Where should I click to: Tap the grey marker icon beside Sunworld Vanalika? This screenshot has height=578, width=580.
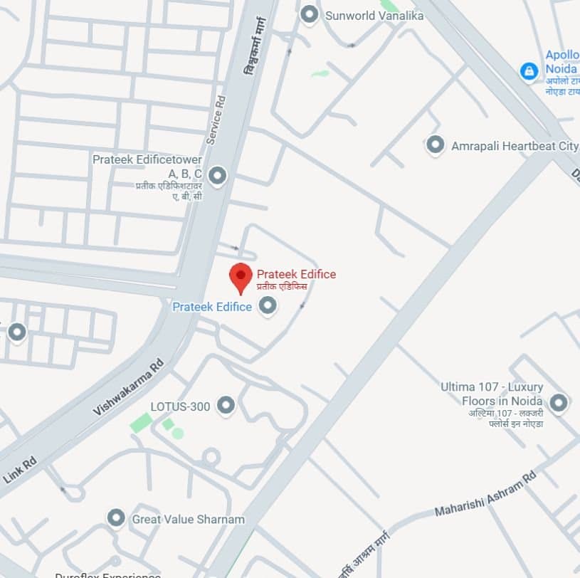(309, 14)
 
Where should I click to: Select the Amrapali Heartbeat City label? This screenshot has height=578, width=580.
(515, 146)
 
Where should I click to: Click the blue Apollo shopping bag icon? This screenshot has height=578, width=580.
(529, 70)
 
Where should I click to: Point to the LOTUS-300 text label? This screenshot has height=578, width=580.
(180, 406)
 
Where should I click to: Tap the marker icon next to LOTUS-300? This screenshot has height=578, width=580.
(226, 405)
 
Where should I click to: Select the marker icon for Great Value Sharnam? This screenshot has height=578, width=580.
(116, 517)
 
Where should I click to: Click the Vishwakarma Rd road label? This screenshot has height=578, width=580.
(129, 387)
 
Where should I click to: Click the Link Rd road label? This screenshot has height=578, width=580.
(19, 471)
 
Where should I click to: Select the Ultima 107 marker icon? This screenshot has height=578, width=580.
(559, 403)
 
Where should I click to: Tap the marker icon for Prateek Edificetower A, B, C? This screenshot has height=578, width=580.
(217, 174)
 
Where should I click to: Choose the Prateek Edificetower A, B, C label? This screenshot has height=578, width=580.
(148, 167)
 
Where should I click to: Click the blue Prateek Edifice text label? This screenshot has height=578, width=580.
(212, 307)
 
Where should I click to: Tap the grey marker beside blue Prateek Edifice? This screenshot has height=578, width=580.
(268, 306)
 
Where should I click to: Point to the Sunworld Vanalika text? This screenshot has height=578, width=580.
(374, 15)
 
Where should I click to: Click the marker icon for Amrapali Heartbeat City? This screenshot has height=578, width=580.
(435, 145)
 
